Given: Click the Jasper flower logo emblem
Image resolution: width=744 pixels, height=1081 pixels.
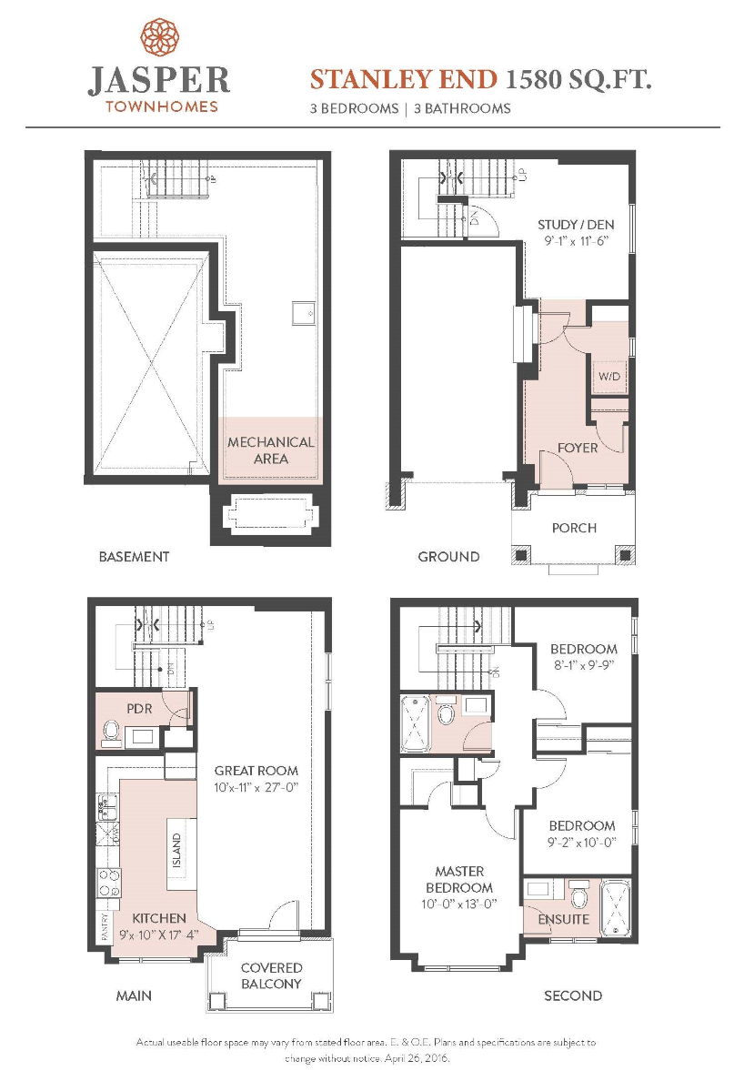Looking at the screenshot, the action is (160, 37).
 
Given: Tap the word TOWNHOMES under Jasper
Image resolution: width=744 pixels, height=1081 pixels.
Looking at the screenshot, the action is (162, 106).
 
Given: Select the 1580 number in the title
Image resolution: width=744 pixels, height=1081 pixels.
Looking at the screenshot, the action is (533, 80).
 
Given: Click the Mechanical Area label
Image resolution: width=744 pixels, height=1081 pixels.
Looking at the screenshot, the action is (271, 450).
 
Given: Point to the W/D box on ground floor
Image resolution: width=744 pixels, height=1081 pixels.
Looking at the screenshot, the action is (609, 377).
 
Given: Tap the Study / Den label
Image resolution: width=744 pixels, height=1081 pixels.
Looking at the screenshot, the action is (576, 225).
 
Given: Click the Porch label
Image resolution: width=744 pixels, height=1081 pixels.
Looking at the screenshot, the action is (574, 528).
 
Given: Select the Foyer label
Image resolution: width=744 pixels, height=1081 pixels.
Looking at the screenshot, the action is (578, 448).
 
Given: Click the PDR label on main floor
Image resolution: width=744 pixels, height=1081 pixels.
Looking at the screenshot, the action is (139, 709).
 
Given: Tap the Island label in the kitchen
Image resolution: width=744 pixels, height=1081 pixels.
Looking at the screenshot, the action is (177, 851).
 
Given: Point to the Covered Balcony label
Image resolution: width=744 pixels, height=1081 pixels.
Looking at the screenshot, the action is (271, 975).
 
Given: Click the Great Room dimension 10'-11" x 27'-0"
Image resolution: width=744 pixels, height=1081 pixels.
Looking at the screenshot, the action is (256, 787).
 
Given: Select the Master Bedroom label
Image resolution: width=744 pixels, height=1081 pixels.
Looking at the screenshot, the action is (459, 880).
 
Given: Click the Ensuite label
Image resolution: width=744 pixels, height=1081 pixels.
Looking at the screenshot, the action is (564, 920).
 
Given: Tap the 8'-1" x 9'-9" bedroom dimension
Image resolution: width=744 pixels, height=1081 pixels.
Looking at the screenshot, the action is (584, 665).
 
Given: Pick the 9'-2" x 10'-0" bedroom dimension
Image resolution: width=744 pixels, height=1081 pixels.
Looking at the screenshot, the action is (582, 843).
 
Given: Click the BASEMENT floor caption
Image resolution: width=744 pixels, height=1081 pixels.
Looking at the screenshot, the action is (134, 557).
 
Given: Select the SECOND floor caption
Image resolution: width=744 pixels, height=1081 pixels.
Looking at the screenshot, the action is (573, 995).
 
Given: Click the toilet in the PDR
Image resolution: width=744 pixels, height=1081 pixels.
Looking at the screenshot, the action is (111, 730).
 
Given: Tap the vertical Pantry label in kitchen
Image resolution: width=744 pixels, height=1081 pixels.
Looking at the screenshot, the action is (105, 928).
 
